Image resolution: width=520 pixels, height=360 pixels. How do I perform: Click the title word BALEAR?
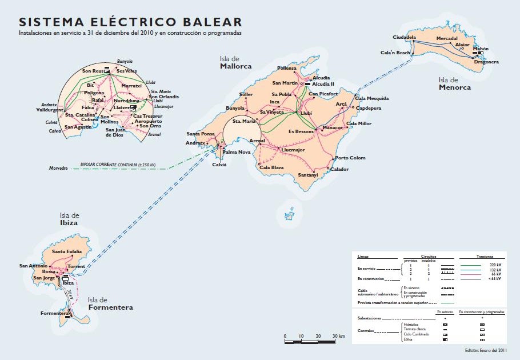[213, 22]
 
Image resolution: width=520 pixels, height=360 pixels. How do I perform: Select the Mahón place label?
[481, 49]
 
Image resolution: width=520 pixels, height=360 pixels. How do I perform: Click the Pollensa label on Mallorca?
[287, 68]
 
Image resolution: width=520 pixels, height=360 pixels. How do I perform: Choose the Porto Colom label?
[350, 158]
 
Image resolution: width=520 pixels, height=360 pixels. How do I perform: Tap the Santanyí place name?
[307, 174]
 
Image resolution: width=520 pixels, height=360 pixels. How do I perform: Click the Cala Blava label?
[271, 167]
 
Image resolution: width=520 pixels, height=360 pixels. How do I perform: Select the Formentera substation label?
[55, 313]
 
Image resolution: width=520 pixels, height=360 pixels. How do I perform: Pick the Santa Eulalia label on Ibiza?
[67, 251]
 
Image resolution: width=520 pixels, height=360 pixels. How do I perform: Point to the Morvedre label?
[58, 169]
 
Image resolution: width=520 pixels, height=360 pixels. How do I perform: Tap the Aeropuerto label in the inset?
[147, 121]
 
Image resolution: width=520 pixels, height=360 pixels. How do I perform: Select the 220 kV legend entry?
[495, 265]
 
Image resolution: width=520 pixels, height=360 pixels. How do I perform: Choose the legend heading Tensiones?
[484, 257]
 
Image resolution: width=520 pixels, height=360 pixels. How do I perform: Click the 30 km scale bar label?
[338, 335]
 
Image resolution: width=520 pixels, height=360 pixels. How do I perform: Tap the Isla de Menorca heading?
[455, 83]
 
